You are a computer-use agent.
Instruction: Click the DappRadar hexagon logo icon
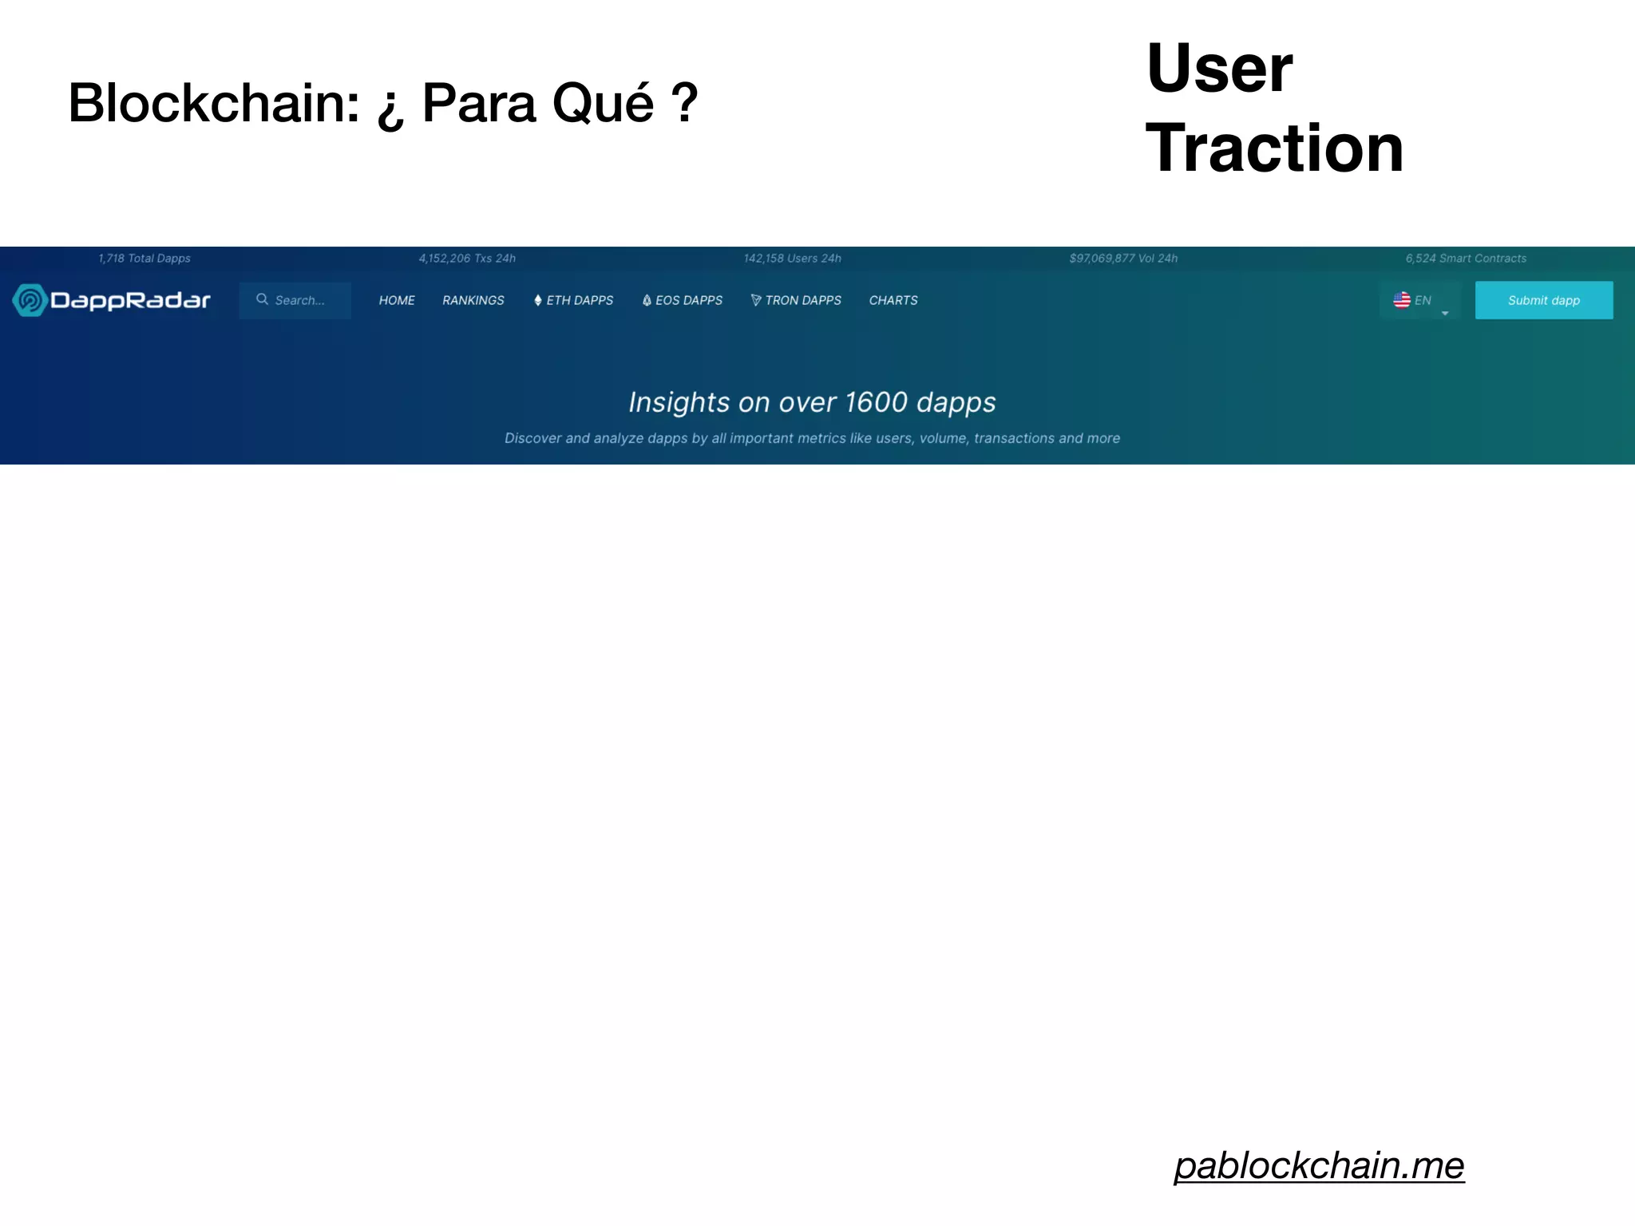[30, 300]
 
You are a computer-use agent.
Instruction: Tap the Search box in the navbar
[295, 300]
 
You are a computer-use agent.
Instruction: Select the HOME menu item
[397, 300]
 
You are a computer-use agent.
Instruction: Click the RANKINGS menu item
[473, 300]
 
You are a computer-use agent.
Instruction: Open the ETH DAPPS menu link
[574, 300]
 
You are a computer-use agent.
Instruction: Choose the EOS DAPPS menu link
[683, 300]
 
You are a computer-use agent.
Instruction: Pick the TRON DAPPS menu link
[796, 300]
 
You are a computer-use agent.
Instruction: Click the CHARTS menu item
[893, 300]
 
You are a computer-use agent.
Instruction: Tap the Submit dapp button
[1543, 300]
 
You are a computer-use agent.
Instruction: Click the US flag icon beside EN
[1402, 300]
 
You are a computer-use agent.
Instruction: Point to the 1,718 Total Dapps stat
[144, 259]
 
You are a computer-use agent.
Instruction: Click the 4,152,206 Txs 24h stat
[467, 259]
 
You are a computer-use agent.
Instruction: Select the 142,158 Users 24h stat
[792, 259]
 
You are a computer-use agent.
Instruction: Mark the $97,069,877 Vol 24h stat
[1123, 259]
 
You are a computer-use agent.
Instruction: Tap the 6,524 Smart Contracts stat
[1466, 259]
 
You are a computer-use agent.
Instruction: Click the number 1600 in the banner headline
[876, 402]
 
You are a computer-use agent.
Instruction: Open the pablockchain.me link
[1319, 1165]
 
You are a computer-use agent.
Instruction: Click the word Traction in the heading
[1274, 148]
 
